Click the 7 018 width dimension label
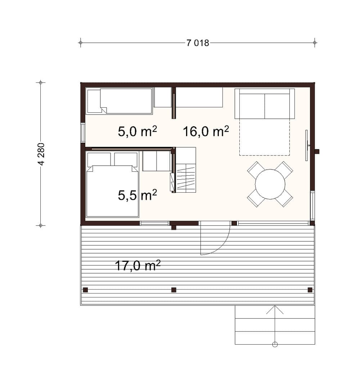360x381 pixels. tap(198, 43)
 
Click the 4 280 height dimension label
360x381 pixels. tap(41, 154)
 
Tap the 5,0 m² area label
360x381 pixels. tap(137, 131)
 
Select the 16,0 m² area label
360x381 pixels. tap(206, 131)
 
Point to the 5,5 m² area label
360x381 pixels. tap(137, 195)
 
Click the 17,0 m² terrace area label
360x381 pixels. tap(138, 265)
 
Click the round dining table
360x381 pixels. tap(270, 184)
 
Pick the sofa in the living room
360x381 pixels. tap(265, 104)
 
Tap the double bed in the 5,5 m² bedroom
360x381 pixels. tap(112, 185)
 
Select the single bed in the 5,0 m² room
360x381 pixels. tap(120, 101)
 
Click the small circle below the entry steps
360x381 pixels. tap(275, 345)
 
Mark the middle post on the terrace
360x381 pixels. tap(174, 290)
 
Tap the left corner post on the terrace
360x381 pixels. tap(85, 290)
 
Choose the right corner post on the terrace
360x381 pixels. tap(310, 290)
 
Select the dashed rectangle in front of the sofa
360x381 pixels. tap(264, 137)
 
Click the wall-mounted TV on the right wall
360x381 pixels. tap(307, 145)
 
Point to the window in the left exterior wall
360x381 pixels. tap(83, 133)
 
